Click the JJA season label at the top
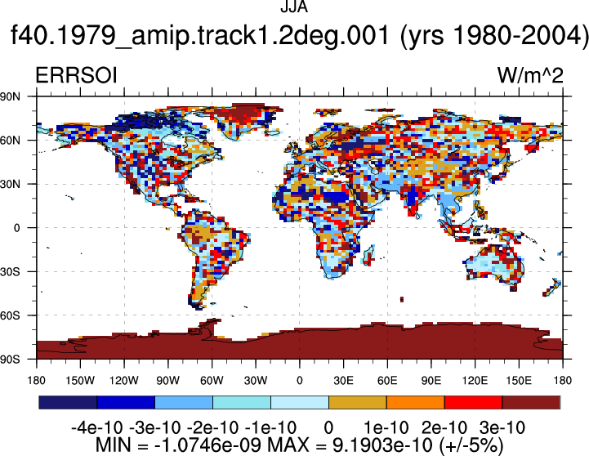point(294,7)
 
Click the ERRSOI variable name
point(76,75)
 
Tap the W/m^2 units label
point(530,75)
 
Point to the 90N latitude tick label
point(10,96)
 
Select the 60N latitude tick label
point(10,141)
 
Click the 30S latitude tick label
point(10,271)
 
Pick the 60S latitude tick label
point(10,315)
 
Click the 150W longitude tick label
point(80,381)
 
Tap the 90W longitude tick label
point(168,381)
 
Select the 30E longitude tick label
point(343,381)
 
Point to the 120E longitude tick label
point(475,381)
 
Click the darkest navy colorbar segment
point(68,402)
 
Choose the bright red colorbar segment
point(473,402)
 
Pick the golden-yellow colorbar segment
point(358,402)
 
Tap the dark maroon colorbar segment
point(531,402)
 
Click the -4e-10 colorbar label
point(97,428)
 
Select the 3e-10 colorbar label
point(502,428)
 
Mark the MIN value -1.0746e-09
point(207,445)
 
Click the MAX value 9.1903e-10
point(383,445)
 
